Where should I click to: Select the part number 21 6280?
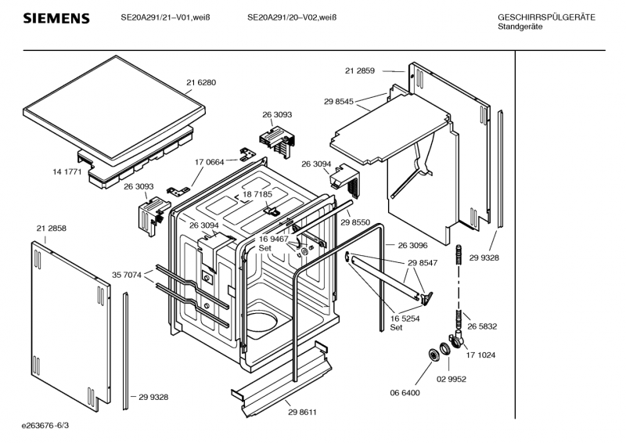201,82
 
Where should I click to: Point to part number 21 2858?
51,227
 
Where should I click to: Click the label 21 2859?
360,71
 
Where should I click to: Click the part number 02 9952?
452,379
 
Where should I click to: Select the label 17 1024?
481,355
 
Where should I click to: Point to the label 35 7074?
127,275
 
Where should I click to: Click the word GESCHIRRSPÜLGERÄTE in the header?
546,17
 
